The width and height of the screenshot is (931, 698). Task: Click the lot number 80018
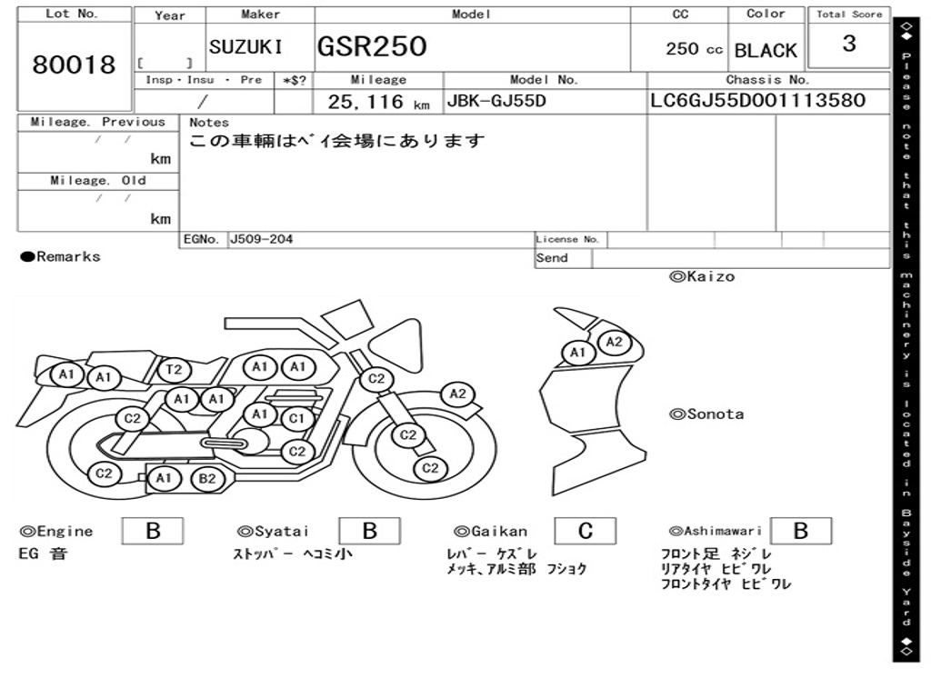75,65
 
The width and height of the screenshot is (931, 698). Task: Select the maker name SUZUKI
245,47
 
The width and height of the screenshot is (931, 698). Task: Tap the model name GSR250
372,46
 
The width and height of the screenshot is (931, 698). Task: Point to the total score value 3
849,44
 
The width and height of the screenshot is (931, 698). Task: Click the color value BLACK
766,51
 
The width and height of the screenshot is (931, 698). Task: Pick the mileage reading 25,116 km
379,102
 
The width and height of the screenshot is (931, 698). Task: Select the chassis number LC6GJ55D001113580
757,100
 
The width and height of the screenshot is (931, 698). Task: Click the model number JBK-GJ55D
496,101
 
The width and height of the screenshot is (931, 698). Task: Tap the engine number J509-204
261,239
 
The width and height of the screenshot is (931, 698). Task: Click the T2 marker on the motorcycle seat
175,371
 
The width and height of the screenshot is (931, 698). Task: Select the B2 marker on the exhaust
206,479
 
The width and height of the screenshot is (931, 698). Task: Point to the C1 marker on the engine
295,419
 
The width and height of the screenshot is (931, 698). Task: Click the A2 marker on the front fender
458,394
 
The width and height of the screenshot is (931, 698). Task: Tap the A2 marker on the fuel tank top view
614,343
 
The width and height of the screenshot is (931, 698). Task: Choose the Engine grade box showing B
153,531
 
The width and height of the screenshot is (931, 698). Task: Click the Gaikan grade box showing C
586,531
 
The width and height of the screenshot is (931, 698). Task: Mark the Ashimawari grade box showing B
801,531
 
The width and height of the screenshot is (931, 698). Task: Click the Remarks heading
61,257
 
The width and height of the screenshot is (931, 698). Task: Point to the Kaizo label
702,276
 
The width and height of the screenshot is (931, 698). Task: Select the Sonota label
706,414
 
